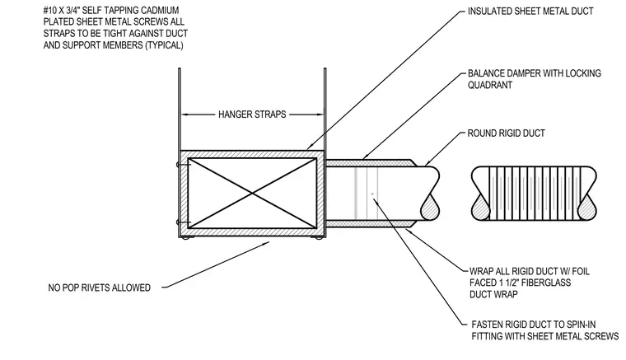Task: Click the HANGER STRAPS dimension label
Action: tap(252, 115)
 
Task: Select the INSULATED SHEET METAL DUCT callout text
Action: tap(530, 12)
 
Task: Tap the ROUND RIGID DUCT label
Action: tap(507, 133)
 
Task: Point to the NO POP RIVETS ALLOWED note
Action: tap(100, 288)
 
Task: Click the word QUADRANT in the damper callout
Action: tap(490, 85)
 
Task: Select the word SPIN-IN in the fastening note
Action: tap(590, 325)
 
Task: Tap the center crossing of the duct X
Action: tap(252, 194)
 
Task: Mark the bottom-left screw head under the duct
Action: tap(185, 238)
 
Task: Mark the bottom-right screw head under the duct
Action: tap(318, 238)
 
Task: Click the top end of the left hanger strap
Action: tap(180, 68)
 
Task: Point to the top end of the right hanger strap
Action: tap(325, 68)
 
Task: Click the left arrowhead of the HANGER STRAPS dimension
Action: tap(185, 115)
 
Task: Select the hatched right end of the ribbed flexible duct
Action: tap(586, 208)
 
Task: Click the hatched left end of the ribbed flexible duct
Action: tap(481, 208)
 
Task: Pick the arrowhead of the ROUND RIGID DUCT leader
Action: tap(427, 164)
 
